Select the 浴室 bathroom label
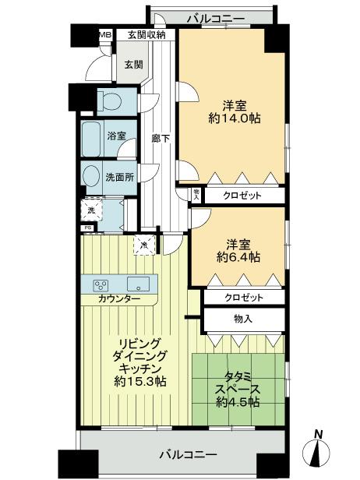point(116,136)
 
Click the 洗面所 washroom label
point(119,177)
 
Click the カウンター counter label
point(119,299)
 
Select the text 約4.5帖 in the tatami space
point(238,402)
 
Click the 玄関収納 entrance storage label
point(146,35)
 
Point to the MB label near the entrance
point(104,35)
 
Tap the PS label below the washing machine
point(86,228)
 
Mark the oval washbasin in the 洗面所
point(91,175)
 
